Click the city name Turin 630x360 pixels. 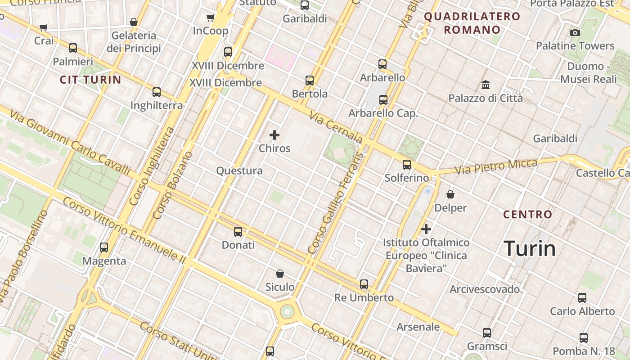tap(530, 248)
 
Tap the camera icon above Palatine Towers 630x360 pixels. tap(575, 32)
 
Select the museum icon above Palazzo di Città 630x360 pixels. tap(486, 85)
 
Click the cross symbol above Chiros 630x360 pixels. tap(274, 135)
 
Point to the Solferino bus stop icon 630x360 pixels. tap(407, 165)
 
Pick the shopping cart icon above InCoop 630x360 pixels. tap(210, 18)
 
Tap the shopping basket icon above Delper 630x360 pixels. tap(450, 194)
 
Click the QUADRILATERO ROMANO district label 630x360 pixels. tap(472, 23)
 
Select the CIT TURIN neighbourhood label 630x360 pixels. tap(90, 80)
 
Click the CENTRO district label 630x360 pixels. tap(527, 215)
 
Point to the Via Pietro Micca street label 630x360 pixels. tap(496, 166)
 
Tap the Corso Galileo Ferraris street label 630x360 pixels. tap(336, 202)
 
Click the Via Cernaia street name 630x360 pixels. tap(336, 128)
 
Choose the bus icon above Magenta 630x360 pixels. tap(104, 247)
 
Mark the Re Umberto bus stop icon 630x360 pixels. tap(364, 284)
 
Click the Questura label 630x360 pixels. tap(239, 171)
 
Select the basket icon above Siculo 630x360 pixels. tap(280, 274)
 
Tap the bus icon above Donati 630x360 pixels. tap(238, 232)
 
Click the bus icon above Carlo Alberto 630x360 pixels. tap(582, 297)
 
